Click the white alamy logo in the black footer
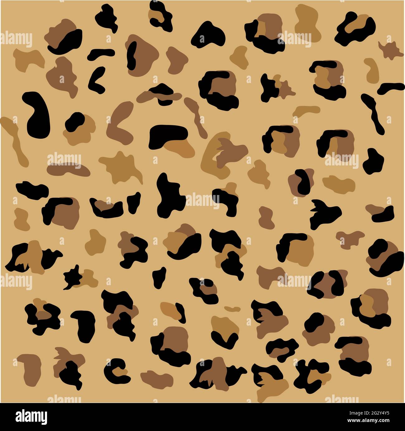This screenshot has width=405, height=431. [31, 417]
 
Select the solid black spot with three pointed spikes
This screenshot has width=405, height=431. [324, 213]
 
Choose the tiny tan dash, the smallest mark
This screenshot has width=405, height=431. [232, 308]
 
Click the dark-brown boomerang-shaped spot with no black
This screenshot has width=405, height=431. [120, 121]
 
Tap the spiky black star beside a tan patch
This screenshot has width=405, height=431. [72, 277]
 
